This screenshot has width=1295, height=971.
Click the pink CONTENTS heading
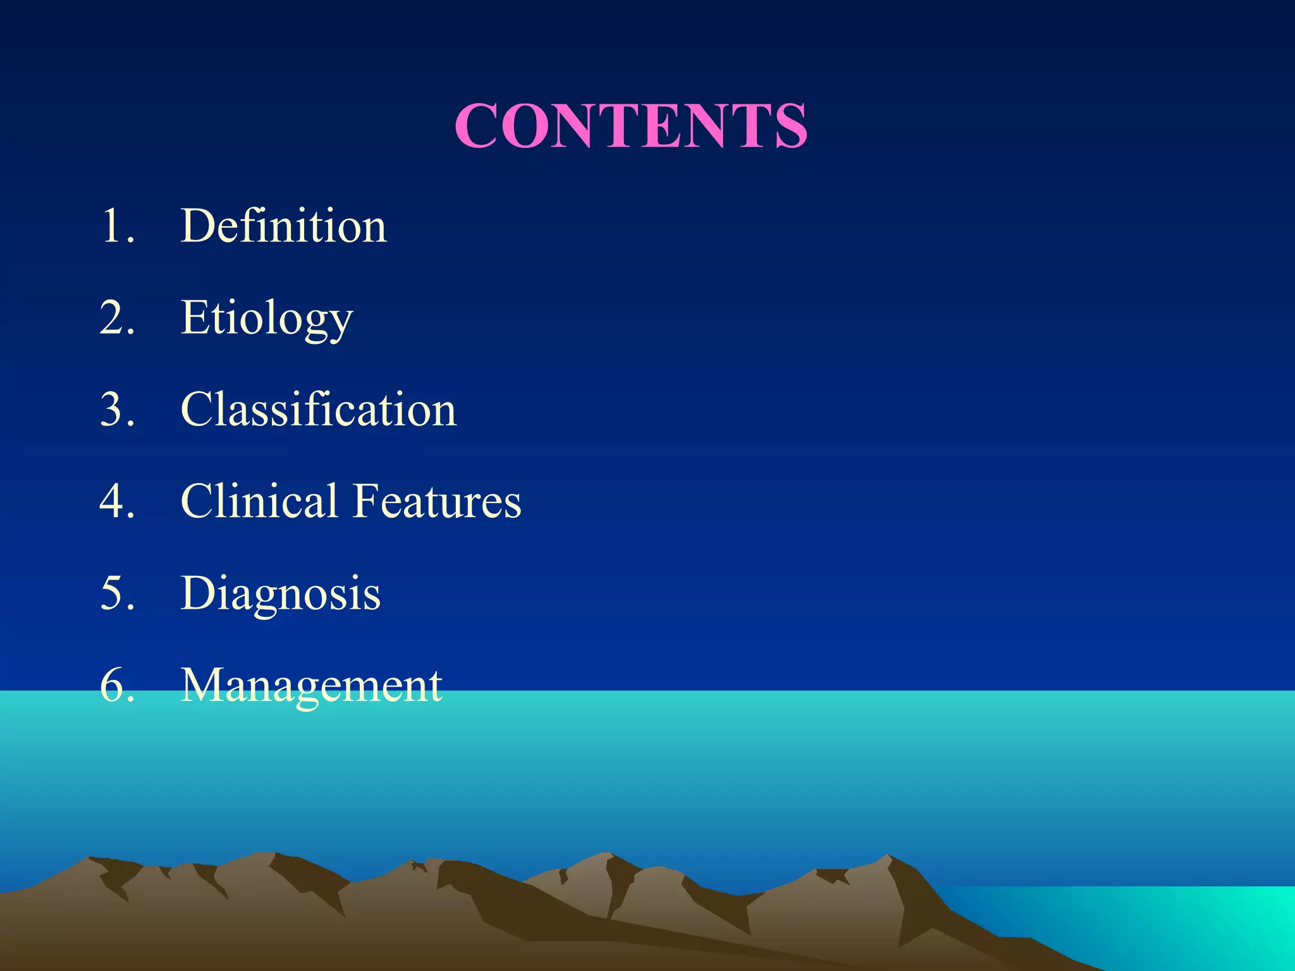631,126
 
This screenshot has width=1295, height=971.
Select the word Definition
283,226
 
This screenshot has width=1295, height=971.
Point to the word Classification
319,409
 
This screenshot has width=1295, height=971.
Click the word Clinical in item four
259,501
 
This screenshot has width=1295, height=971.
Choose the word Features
437,501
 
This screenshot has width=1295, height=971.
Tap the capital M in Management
204,685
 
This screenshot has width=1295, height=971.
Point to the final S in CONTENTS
787,126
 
